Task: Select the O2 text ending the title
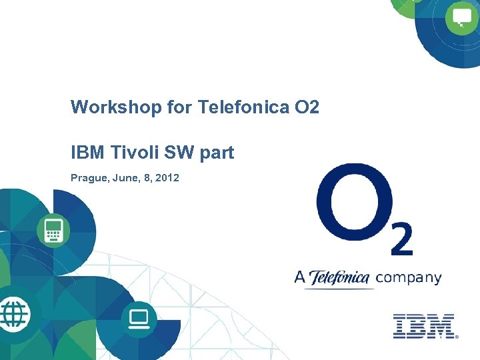coord(306,107)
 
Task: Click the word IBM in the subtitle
coord(87,153)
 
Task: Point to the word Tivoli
coord(133,153)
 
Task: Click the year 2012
coord(167,179)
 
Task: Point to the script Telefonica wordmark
coord(339,277)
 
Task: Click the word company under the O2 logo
coord(409,278)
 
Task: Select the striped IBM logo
coord(423,326)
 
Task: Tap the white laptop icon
coord(139,318)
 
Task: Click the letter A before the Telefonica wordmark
coord(300,277)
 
